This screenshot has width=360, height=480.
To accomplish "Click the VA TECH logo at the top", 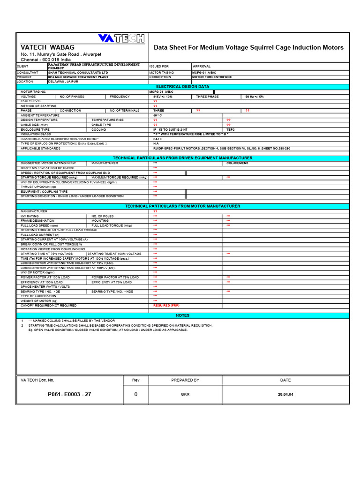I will pyautogui.click(x=121, y=38).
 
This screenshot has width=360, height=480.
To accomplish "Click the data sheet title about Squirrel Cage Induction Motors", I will pyautogui.click(x=248, y=47).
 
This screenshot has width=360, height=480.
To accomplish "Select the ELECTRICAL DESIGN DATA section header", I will pyautogui.click(x=182, y=87).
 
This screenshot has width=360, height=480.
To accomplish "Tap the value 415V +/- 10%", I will pyautogui.click(x=163, y=97).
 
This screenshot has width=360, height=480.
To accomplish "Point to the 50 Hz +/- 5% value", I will pyautogui.click(x=255, y=97).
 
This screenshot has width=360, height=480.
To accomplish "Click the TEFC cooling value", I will pyautogui.click(x=231, y=129).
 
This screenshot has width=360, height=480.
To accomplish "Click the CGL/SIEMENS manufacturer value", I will pyautogui.click(x=237, y=163).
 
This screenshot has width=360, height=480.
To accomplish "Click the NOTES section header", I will pyautogui.click(x=182, y=315).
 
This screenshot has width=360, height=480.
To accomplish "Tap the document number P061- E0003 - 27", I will pyautogui.click(x=69, y=394).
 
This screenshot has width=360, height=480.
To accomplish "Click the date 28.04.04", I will pyautogui.click(x=285, y=395).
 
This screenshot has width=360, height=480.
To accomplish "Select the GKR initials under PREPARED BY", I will pyautogui.click(x=185, y=395).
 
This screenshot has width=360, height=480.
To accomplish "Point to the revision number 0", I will pyautogui.click(x=136, y=395).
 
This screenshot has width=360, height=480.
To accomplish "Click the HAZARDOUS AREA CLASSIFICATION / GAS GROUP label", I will pyautogui.click(x=59, y=139).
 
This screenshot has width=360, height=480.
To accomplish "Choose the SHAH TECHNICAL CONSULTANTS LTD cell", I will pyautogui.click(x=78, y=73).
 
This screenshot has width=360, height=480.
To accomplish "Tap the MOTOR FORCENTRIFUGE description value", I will pyautogui.click(x=212, y=77).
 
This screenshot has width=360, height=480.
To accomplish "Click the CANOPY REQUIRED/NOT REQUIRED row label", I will pyautogui.click(x=48, y=305).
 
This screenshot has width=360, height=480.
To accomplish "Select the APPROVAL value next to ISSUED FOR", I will pyautogui.click(x=202, y=67).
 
